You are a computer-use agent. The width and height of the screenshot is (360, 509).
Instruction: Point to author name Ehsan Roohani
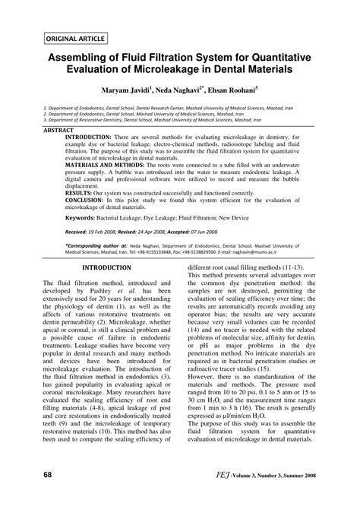254,90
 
